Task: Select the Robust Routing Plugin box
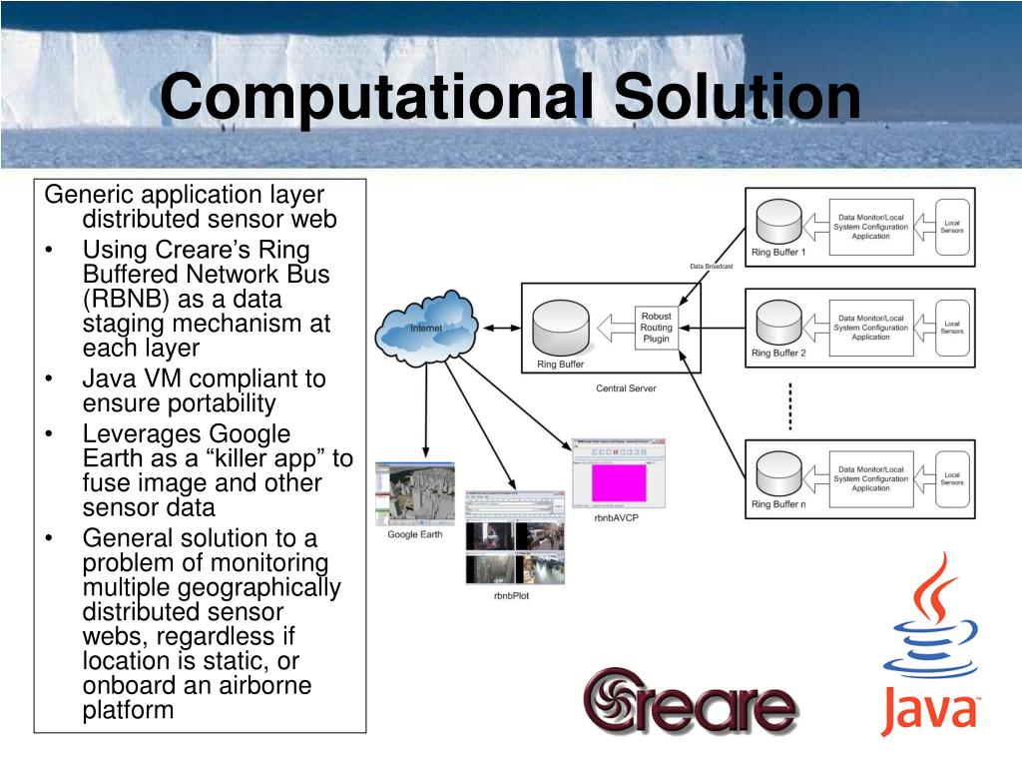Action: click(x=656, y=328)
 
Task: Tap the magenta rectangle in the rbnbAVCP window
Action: click(x=620, y=483)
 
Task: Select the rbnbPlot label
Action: click(x=513, y=597)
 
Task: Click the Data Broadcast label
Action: click(x=711, y=267)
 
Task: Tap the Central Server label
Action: click(x=626, y=387)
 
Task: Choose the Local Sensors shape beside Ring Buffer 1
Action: click(x=951, y=227)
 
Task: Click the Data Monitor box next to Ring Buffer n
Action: click(x=871, y=478)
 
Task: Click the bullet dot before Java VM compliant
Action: click(x=50, y=380)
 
